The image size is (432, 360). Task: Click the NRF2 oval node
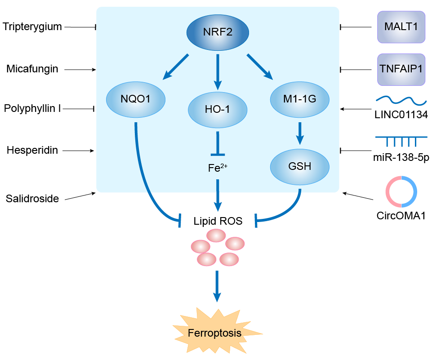click(218, 33)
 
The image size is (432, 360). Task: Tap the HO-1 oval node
click(218, 109)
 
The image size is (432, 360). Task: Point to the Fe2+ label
click(217, 168)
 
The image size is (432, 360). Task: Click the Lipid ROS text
click(218, 221)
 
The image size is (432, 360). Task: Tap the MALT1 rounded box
click(401, 27)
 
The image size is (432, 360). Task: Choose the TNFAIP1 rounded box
click(401, 69)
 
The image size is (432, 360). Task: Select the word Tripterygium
click(32, 27)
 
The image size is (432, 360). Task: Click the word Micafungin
click(32, 69)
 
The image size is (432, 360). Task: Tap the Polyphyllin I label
click(32, 108)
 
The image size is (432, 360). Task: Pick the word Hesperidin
click(32, 150)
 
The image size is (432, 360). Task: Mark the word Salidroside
click(32, 198)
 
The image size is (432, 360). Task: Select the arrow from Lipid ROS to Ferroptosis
click(218, 286)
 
